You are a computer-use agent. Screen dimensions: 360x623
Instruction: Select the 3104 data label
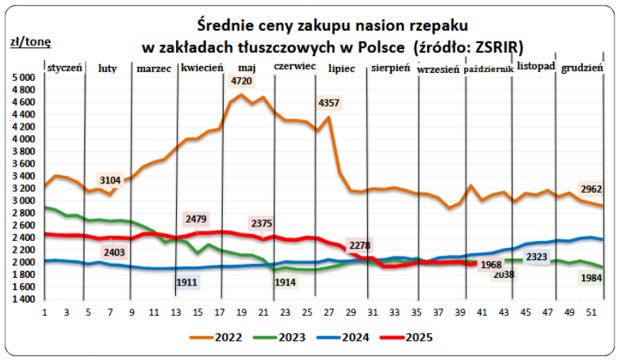[x=111, y=180]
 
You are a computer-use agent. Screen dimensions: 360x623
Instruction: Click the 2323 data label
[x=536, y=256]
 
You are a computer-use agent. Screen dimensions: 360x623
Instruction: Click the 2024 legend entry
[x=361, y=336]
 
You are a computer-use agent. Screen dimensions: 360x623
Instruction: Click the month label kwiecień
[x=202, y=68]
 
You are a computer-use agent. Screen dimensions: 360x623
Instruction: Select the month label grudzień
[x=582, y=68]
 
